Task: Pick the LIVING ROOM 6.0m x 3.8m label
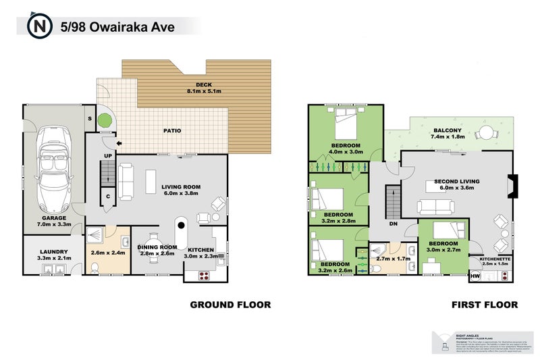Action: pos(181,190)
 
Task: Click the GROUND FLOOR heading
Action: pos(230,305)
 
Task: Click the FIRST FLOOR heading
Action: pos(485,305)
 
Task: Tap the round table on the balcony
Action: pos(485,134)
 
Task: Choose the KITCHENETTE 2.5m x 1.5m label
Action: pos(495,261)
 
